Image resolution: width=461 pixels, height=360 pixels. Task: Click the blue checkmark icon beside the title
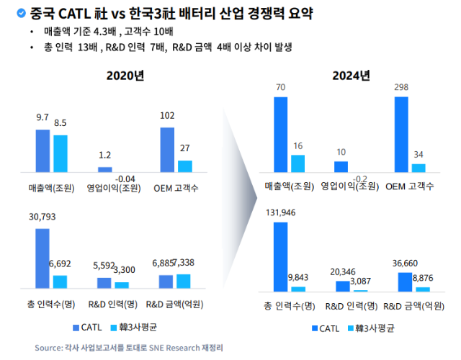[21, 13]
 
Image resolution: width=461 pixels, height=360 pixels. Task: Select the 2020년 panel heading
[125, 76]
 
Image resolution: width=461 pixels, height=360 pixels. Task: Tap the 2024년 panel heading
[351, 76]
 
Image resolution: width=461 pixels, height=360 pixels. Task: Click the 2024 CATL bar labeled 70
[281, 135]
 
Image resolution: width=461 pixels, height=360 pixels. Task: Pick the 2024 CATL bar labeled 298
[401, 135]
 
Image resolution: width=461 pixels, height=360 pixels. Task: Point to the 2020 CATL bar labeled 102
[167, 150]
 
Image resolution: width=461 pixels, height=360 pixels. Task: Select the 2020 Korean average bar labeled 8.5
[61, 153]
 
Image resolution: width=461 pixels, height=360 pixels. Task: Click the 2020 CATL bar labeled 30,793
[42, 258]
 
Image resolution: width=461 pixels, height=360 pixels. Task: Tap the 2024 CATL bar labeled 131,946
[281, 257]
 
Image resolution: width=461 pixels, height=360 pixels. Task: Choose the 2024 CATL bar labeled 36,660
[405, 282]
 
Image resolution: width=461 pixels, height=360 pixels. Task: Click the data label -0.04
[125, 179]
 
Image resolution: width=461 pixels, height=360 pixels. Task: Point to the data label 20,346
[343, 272]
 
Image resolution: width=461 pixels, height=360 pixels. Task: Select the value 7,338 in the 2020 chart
[184, 262]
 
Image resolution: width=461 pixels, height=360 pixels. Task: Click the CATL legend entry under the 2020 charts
[87, 328]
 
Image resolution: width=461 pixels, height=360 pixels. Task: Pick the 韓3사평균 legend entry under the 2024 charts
[371, 328]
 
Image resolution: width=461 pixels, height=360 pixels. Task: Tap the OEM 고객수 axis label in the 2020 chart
[176, 188]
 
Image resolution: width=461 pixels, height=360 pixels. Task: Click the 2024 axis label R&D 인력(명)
[352, 306]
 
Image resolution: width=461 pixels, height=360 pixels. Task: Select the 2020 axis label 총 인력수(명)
[51, 304]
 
